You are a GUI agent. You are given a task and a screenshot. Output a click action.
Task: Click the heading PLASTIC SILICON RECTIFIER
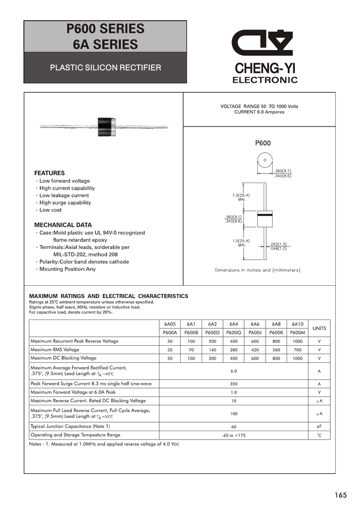(105, 67)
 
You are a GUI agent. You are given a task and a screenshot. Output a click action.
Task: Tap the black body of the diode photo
(107, 126)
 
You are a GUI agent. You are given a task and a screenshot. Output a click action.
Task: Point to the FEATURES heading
(49, 173)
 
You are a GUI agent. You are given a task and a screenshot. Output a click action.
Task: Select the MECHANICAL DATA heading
(63, 225)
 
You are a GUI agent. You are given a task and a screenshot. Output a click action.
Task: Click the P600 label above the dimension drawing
(263, 143)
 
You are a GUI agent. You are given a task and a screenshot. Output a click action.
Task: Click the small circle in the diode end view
(265, 160)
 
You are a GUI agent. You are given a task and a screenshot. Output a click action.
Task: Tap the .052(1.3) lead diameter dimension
(279, 244)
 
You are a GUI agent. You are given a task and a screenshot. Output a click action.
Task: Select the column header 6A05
(170, 324)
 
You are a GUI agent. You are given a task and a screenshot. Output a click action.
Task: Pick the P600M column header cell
(297, 332)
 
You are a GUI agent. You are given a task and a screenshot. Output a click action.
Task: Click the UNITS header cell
(319, 328)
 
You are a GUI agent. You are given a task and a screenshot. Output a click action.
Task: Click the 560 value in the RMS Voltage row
(276, 350)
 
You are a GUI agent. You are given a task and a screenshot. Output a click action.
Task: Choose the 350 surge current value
(233, 383)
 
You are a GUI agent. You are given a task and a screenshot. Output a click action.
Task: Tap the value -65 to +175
(233, 435)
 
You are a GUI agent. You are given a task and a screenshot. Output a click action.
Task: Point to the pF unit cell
(319, 426)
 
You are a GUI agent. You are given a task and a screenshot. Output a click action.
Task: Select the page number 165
(341, 495)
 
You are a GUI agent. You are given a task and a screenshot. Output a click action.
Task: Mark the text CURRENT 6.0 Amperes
(259, 112)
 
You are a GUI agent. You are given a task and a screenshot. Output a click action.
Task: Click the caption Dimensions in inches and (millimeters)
(257, 270)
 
